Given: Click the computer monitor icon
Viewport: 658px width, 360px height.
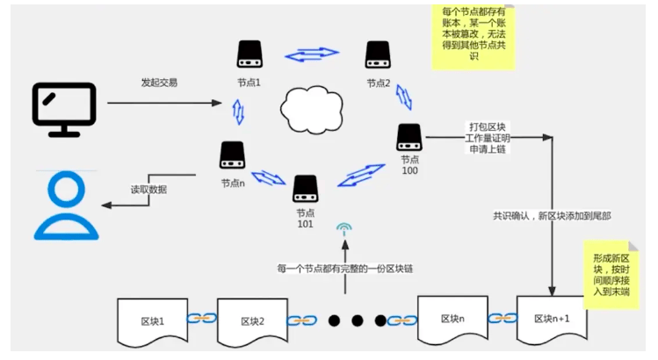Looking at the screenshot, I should (64, 109).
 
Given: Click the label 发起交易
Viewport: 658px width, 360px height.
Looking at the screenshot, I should (159, 83).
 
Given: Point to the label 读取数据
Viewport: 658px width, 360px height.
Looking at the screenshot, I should (148, 190).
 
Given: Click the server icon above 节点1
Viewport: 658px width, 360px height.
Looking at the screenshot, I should (249, 56).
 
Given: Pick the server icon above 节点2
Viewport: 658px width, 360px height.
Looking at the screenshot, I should (379, 56).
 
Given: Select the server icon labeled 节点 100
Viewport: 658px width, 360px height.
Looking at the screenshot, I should (409, 137).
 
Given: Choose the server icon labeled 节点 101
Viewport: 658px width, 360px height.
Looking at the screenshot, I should (305, 188).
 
